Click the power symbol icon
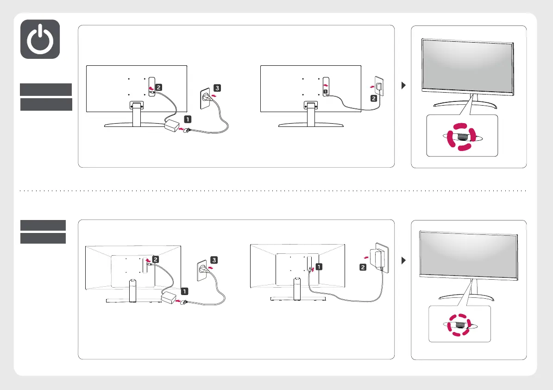[40, 39]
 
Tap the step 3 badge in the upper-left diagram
[218, 88]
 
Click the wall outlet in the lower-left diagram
[201, 270]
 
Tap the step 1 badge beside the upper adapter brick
[187, 119]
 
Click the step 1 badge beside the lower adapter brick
[185, 292]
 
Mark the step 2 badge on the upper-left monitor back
[158, 87]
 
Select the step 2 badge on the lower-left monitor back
[156, 260]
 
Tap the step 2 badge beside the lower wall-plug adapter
[363, 267]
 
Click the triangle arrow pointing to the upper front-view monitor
[402, 86]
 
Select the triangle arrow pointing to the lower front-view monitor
[402, 260]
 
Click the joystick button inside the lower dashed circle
[458, 325]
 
